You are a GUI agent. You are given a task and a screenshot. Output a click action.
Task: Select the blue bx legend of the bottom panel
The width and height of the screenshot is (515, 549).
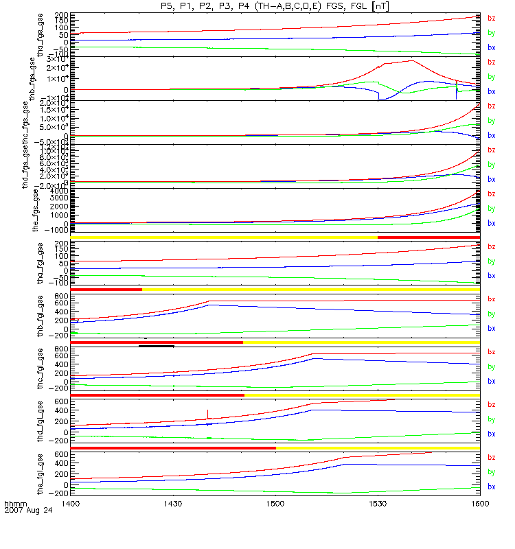(491, 487)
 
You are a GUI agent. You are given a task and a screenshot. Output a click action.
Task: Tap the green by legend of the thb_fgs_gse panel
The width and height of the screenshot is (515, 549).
(491, 77)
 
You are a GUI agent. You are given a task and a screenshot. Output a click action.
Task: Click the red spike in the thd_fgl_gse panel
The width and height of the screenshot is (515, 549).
(207, 412)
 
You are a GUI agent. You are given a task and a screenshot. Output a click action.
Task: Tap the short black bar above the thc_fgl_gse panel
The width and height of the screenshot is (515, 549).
(156, 346)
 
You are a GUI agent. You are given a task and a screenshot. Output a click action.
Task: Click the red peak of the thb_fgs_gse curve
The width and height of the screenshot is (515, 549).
(411, 60)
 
